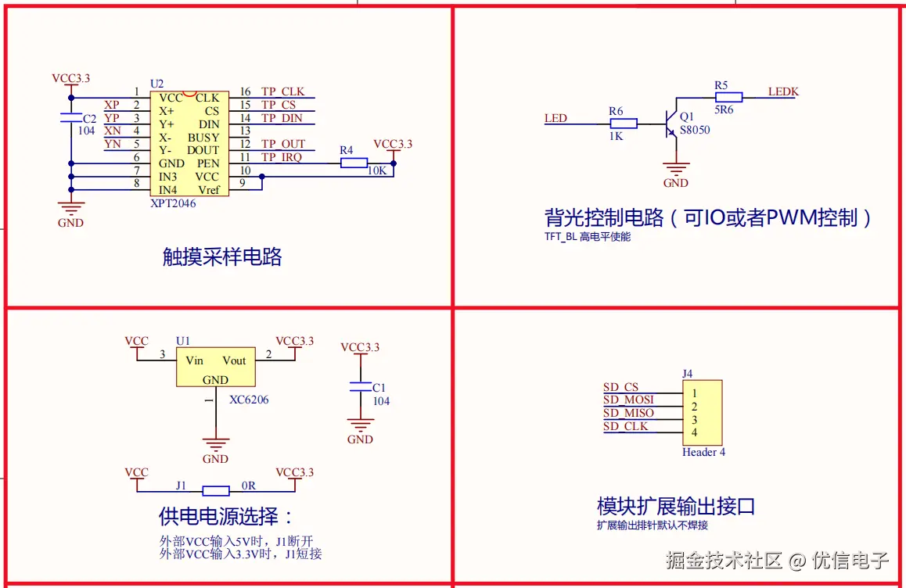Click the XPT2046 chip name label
173,203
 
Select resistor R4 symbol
354,163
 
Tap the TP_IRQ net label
281,157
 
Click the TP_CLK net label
282,91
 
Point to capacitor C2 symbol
71,118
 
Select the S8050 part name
695,130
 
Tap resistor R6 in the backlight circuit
624,124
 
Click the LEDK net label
783,91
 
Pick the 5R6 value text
724,110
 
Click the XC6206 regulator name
249,400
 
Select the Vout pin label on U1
234,360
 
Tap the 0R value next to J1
249,486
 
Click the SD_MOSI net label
628,400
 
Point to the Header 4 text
703,452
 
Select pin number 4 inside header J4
694,432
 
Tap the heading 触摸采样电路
222,256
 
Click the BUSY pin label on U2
203,138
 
